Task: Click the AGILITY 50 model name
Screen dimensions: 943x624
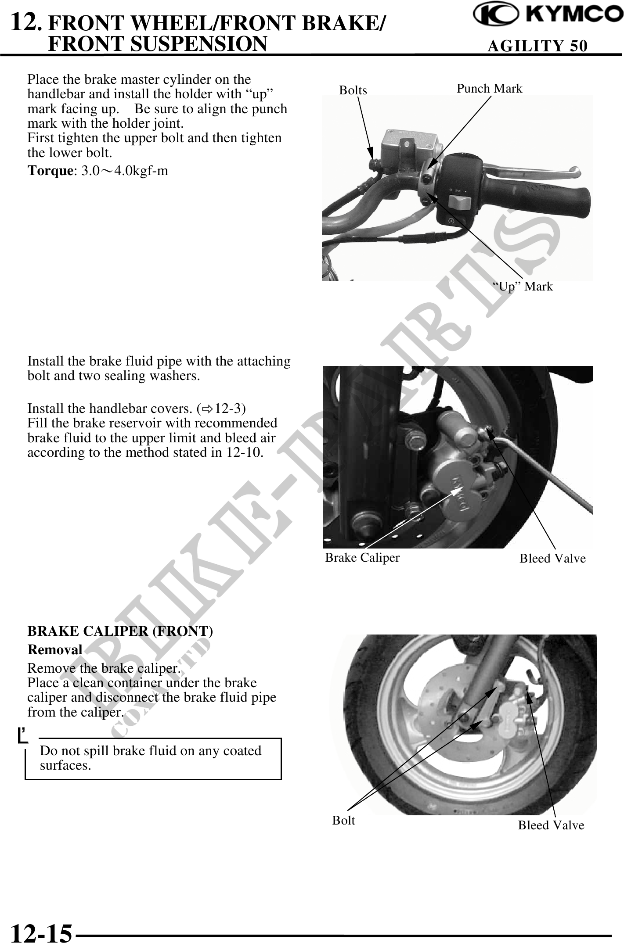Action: coord(537,46)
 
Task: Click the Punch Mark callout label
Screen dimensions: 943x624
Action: coord(489,89)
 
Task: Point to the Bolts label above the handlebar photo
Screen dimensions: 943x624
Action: coord(353,90)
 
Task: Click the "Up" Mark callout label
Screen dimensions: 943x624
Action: coord(523,287)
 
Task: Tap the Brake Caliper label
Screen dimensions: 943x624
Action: coord(362,557)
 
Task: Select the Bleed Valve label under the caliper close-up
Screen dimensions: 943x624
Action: coord(552,558)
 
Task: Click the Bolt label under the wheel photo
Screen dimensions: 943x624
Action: coord(343,820)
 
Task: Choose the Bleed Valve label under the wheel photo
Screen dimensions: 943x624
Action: coord(551,825)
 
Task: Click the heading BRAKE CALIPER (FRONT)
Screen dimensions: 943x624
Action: coord(120,631)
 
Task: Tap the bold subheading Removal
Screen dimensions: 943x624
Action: coord(55,649)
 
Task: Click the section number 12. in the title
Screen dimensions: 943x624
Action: coord(27,22)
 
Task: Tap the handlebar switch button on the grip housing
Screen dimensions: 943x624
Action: coord(459,203)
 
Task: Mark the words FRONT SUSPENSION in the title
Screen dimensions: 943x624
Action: coord(157,44)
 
